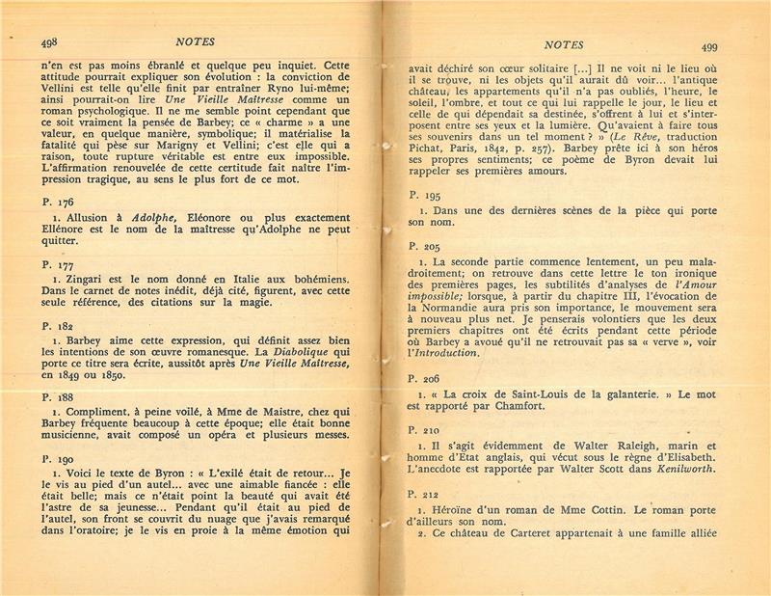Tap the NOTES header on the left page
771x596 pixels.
coord(197,41)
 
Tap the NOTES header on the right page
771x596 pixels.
coord(564,44)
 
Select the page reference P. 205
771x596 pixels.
coord(425,247)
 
